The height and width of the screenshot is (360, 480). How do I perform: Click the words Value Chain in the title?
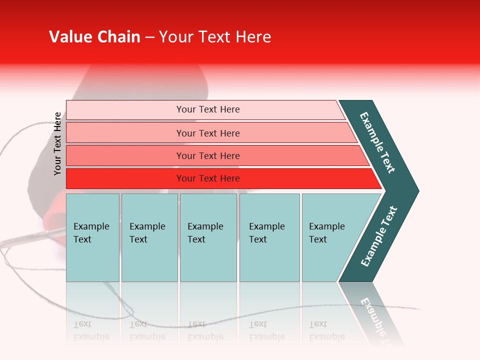click(94, 37)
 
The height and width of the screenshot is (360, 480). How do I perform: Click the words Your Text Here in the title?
click(215, 37)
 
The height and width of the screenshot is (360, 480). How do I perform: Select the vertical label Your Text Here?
click(57, 143)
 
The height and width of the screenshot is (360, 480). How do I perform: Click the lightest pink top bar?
click(125, 110)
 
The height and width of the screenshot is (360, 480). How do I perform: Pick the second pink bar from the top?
click(125, 133)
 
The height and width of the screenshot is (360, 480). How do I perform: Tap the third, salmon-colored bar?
click(125, 155)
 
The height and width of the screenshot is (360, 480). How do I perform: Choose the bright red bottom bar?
click(125, 178)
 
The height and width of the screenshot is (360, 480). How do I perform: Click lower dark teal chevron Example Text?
click(378, 236)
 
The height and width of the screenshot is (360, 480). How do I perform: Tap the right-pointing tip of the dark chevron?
click(414, 190)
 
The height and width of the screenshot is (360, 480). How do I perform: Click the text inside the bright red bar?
click(208, 178)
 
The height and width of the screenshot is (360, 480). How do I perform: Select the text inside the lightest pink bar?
click(208, 109)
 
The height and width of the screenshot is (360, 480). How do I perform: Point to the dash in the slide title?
click(149, 37)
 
